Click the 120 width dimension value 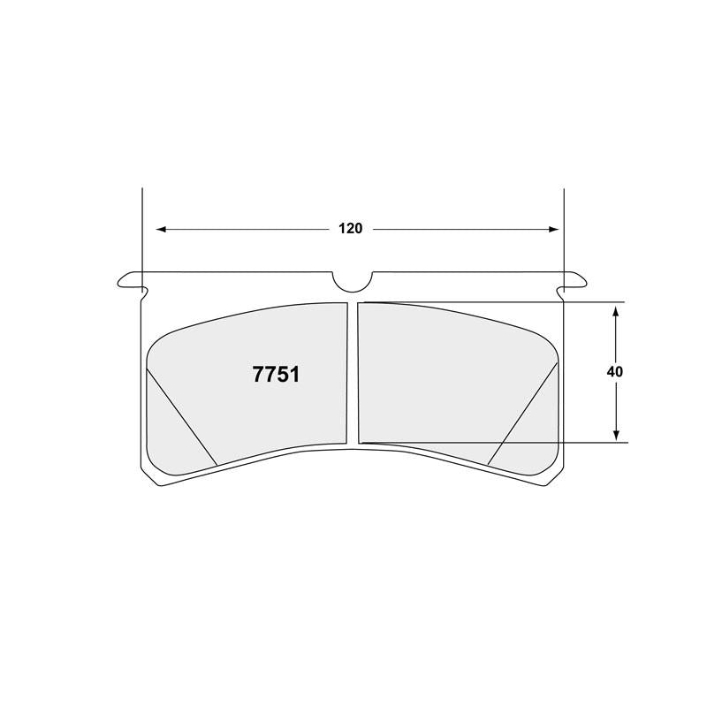(350, 229)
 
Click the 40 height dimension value (615, 372)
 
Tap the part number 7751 (276, 374)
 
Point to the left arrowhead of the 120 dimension (162, 229)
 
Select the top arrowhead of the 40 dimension (615, 308)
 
